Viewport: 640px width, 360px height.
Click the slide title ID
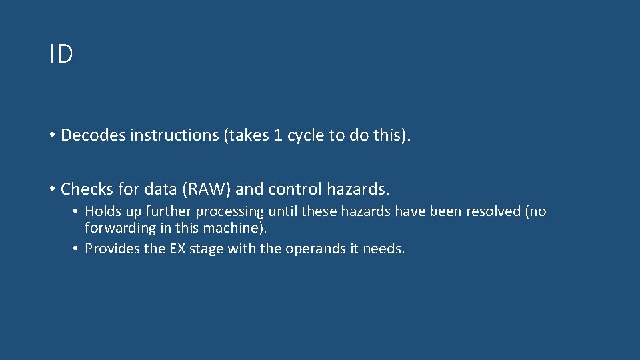[x=61, y=55]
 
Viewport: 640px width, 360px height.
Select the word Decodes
[x=93, y=135]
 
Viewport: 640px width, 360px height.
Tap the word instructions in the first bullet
[x=175, y=135]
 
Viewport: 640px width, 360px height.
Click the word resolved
[x=491, y=211]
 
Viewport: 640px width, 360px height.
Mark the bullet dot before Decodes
[x=51, y=136]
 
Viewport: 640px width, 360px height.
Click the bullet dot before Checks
[x=51, y=190]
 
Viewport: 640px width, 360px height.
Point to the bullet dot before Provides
[x=76, y=249]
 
